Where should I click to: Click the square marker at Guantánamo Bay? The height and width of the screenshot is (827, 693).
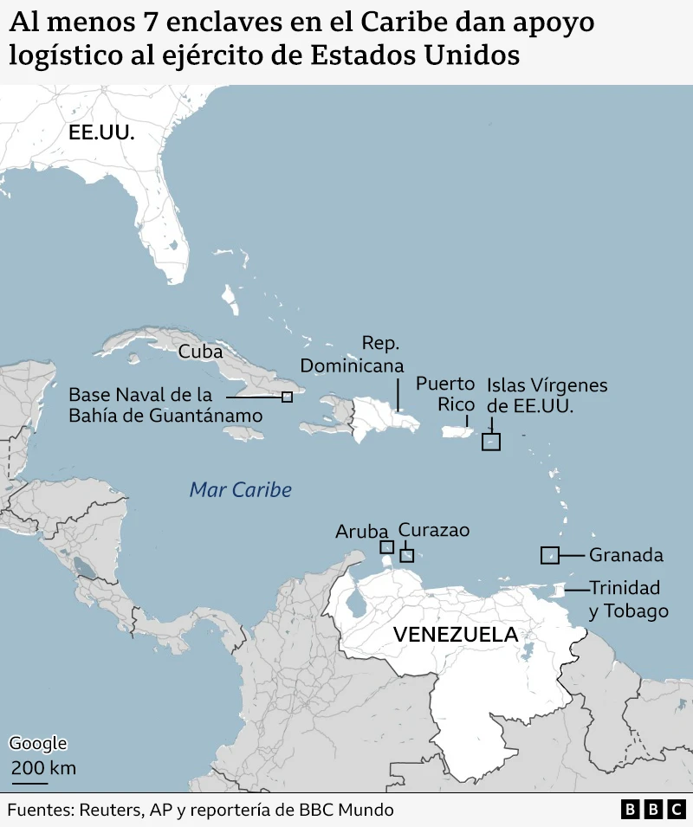[287, 397]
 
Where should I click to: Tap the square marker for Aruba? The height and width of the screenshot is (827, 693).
[386, 547]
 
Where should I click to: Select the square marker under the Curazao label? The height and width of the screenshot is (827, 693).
[407, 556]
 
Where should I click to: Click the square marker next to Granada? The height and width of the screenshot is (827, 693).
[549, 555]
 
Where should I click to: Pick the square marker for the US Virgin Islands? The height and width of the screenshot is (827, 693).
[491, 442]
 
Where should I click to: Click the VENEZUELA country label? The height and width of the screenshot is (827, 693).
[455, 635]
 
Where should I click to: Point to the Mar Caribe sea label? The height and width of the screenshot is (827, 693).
[240, 490]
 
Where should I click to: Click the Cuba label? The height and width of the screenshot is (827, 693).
[200, 352]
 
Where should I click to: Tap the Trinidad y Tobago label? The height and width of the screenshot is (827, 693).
[628, 599]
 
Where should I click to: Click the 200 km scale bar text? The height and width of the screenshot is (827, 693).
[42, 768]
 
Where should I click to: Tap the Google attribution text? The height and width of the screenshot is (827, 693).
[37, 743]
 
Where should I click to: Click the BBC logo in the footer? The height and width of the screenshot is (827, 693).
[653, 811]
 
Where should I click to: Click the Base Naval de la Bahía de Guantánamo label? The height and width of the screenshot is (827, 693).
[165, 405]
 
